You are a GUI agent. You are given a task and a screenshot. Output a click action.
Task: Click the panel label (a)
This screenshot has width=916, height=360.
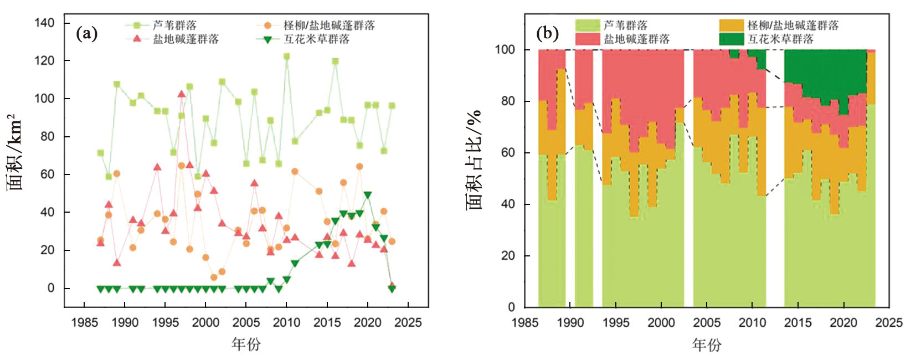(x=87, y=34)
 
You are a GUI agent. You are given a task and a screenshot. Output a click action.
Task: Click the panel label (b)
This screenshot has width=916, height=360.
(x=547, y=33)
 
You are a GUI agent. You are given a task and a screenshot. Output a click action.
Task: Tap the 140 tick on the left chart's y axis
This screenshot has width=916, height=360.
(x=44, y=23)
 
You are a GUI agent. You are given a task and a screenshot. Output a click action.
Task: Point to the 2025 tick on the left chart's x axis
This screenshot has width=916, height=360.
(x=408, y=322)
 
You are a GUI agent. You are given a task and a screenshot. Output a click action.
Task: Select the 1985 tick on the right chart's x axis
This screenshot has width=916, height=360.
(x=524, y=322)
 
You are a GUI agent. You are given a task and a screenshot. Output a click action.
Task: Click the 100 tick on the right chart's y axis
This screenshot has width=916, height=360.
(x=505, y=50)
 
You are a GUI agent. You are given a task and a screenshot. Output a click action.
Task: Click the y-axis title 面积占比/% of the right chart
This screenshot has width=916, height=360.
(x=474, y=161)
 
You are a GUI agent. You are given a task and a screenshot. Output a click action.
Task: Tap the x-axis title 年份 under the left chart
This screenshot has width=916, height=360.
(x=246, y=344)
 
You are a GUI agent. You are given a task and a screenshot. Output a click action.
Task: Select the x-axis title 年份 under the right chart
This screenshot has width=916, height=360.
(x=707, y=344)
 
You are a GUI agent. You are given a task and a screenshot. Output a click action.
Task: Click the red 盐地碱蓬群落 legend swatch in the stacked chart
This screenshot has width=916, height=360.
(x=588, y=39)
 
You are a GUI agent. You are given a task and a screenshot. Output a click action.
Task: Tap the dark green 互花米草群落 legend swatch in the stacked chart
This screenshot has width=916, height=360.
(x=731, y=39)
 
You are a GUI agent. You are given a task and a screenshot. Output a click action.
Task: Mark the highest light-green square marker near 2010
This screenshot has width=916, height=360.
(x=286, y=56)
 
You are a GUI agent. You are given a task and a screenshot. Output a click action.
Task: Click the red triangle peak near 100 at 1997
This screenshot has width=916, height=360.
(x=181, y=94)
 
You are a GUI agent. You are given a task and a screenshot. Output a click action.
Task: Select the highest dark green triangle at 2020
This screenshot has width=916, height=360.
(x=367, y=196)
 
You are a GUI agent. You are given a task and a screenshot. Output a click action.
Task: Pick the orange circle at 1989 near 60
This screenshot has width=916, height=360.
(x=116, y=174)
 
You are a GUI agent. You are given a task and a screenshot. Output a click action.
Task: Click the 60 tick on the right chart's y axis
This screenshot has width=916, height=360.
(x=508, y=153)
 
